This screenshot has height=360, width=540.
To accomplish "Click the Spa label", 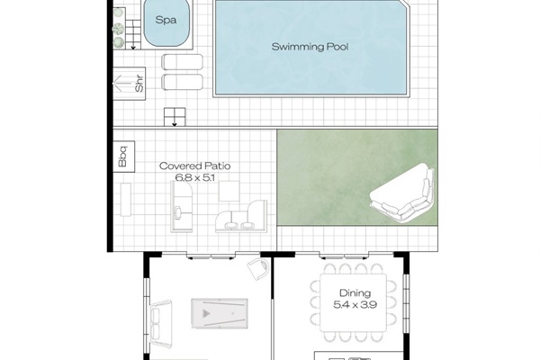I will point(165,21).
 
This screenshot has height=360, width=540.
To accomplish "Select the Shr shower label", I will point(139,85).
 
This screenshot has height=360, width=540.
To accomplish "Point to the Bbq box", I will point(122,156).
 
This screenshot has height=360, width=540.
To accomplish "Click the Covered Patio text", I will point(191,166).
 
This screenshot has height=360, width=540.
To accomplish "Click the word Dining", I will point(355,293).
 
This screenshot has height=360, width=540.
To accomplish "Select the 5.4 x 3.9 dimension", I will point(355,306).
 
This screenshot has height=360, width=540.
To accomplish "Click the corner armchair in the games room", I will point(255,267).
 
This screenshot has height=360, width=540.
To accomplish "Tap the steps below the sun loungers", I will point(172,116).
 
